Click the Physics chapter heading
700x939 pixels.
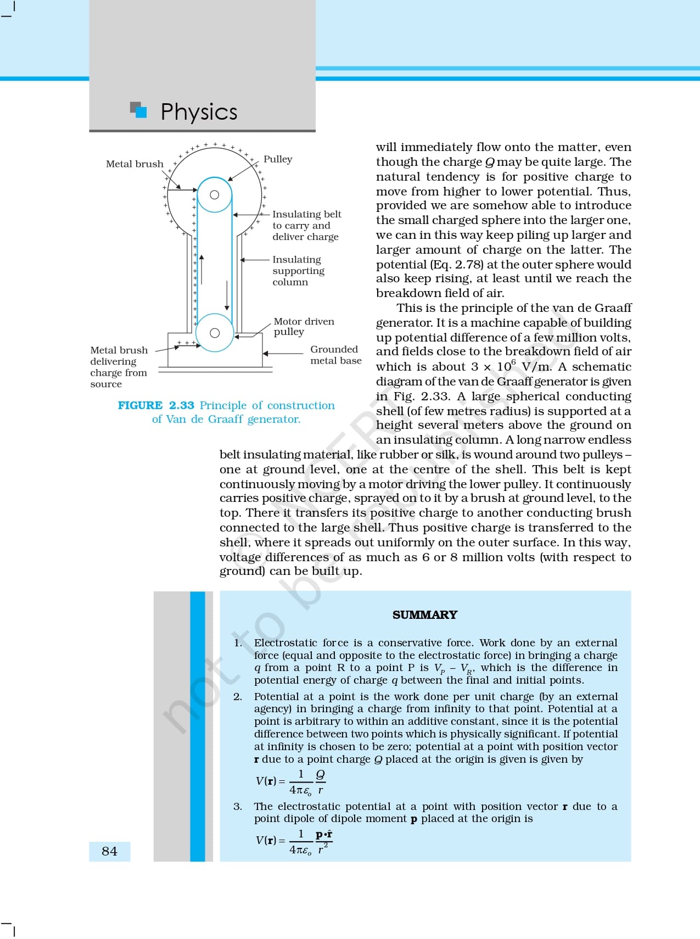point(199,111)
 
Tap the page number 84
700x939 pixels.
point(109,851)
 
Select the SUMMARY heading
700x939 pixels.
point(424,614)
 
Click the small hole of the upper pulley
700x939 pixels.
point(215,195)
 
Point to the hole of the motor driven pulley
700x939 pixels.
point(215,333)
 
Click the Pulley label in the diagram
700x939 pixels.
point(278,159)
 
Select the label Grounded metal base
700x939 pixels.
point(335,355)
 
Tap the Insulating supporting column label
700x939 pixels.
point(298,271)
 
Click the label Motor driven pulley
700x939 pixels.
point(304,326)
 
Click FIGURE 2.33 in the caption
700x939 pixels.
point(156,405)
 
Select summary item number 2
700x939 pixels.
point(238,696)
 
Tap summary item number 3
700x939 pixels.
point(238,806)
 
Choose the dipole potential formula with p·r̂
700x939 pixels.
point(294,841)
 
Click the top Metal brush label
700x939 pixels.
point(135,164)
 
